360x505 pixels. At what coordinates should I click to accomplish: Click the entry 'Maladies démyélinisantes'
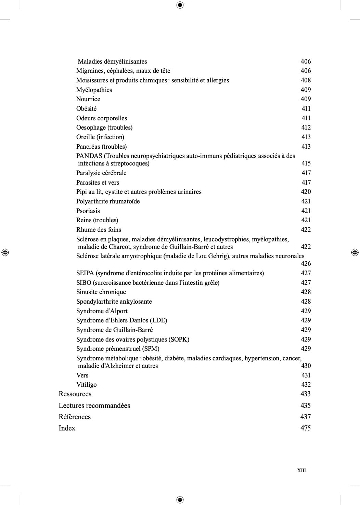click(x=112, y=62)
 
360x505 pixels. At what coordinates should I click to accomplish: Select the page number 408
click(x=306, y=80)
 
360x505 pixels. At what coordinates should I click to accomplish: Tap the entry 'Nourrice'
click(x=88, y=99)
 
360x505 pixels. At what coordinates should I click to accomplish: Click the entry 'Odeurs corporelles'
click(x=102, y=118)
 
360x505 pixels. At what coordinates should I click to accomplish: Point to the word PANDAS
click(x=89, y=156)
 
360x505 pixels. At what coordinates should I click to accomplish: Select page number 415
click(x=306, y=163)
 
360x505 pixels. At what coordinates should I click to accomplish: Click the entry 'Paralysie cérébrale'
click(x=101, y=173)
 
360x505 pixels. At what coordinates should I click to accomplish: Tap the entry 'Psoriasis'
click(x=88, y=211)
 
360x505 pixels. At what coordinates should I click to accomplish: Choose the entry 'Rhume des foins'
click(x=99, y=230)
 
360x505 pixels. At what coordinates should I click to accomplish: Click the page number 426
click(x=306, y=264)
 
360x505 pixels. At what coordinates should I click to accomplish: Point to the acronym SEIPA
click(x=85, y=273)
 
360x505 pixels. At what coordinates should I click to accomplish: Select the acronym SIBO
click(x=83, y=283)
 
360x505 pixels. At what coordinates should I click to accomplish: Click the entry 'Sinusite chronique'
click(x=101, y=292)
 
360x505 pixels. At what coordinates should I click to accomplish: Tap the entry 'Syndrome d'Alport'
click(x=102, y=311)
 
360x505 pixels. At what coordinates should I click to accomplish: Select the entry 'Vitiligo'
click(x=86, y=385)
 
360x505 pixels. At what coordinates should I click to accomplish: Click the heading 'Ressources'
click(x=75, y=394)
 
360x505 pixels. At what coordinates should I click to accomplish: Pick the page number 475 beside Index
click(x=305, y=428)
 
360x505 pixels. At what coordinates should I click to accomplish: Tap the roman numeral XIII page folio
click(x=301, y=470)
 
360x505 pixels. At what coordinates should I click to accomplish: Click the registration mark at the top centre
click(x=180, y=5)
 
